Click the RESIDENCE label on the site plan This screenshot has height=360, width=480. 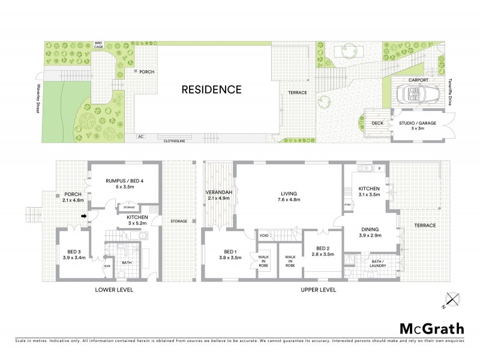tap(211, 90)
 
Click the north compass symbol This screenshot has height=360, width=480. tap(452, 299)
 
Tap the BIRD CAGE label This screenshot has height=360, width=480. tap(98, 45)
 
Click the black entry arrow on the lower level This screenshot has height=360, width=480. tap(85, 216)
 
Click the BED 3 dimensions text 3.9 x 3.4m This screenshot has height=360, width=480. tap(75, 257)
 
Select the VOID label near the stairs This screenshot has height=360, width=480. tap(264, 235)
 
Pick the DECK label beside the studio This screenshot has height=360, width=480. tap(377, 123)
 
